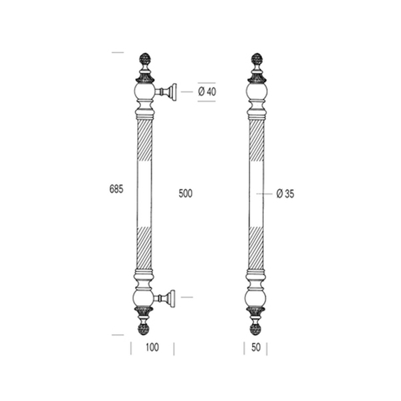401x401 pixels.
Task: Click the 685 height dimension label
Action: pyautogui.click(x=116, y=189)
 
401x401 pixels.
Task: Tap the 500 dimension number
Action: pyautogui.click(x=185, y=194)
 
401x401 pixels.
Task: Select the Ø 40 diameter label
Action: pyautogui.click(x=207, y=92)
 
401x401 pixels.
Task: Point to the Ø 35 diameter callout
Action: pyautogui.click(x=285, y=194)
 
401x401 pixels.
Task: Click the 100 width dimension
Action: pyautogui.click(x=152, y=348)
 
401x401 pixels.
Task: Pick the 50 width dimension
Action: pyautogui.click(x=256, y=348)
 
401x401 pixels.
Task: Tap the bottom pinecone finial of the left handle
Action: pyautogui.click(x=144, y=329)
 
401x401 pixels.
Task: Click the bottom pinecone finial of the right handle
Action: pyautogui.click(x=256, y=329)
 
